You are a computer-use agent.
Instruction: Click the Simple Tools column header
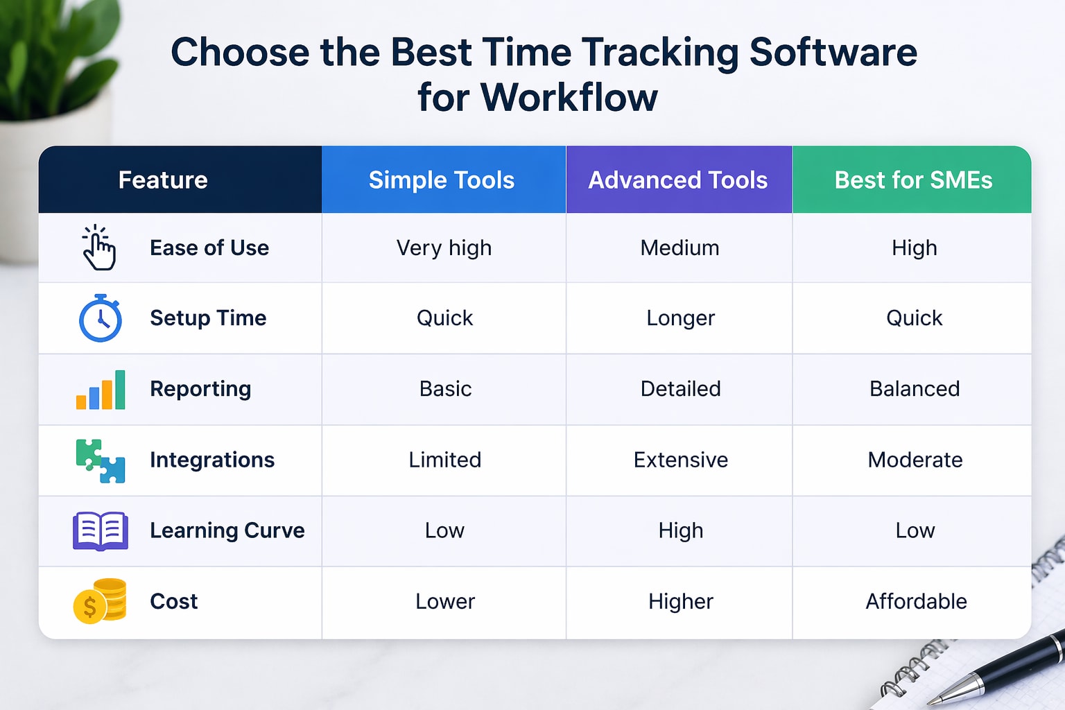442,180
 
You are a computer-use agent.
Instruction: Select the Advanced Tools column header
677,180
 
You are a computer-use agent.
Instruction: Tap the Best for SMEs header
913,180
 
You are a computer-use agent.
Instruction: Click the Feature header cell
163,180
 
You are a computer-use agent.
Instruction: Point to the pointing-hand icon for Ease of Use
99,248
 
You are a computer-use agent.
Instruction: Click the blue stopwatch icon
101,319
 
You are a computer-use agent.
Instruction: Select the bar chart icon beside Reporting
101,390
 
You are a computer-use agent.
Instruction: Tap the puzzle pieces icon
101,461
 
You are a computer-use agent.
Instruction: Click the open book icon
101,531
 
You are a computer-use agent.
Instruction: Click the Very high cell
444,248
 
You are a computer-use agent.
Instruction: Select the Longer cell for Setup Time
680,318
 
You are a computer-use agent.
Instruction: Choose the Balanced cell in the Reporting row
915,389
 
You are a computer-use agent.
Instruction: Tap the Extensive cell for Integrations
680,460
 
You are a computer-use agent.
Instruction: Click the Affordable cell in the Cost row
915,601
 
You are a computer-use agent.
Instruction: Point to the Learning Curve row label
227,530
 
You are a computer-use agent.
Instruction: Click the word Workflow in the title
569,97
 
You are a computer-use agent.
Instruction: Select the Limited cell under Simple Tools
444,460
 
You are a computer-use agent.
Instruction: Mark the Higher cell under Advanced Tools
680,601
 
